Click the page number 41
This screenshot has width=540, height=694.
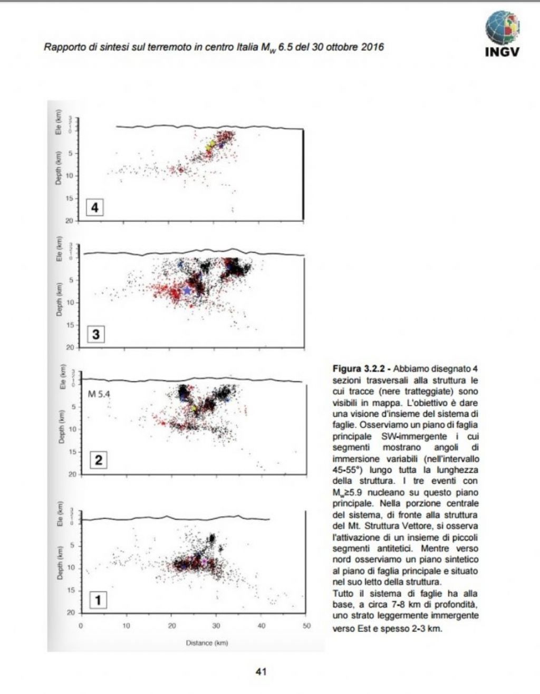261,671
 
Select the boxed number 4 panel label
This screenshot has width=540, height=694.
95,207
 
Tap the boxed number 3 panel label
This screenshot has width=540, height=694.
95,334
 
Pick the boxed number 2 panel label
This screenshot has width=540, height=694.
98,460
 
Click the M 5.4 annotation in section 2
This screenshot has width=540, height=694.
99,393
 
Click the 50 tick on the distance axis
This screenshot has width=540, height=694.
306,626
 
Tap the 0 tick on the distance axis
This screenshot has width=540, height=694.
81,626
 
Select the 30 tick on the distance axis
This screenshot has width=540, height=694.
216,626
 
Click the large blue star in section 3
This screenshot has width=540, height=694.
187,290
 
